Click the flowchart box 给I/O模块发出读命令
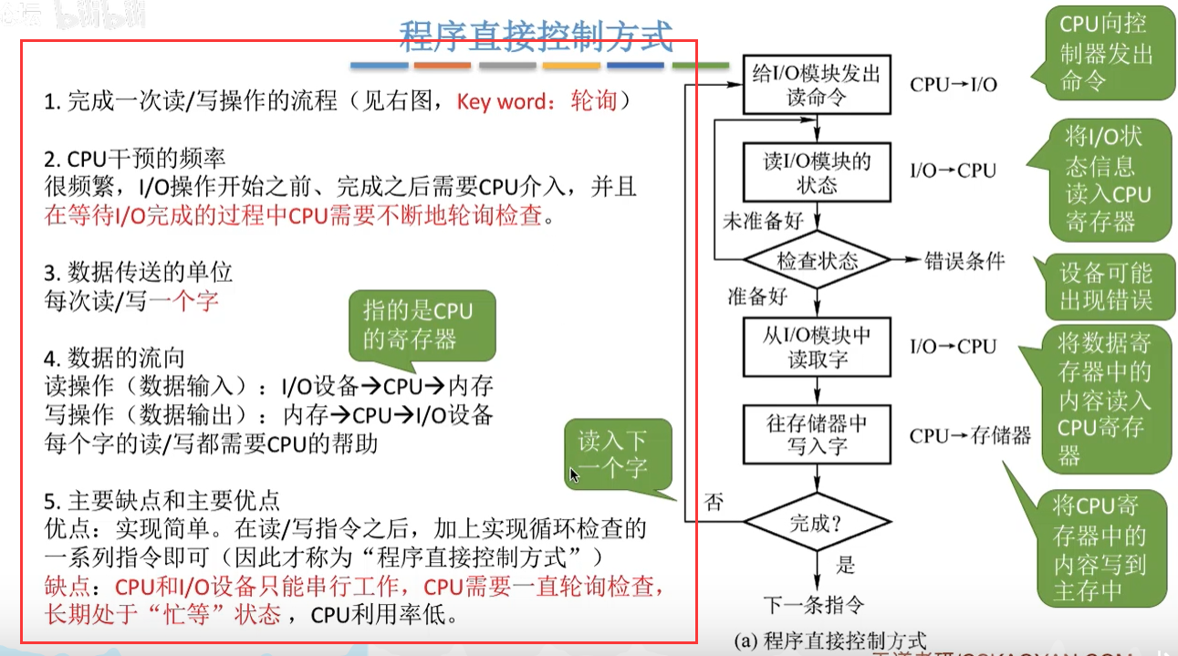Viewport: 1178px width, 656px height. [x=816, y=84]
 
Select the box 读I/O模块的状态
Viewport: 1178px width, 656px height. [x=816, y=172]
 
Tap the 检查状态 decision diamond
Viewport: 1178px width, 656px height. [x=817, y=261]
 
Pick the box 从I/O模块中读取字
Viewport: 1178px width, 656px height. [x=816, y=347]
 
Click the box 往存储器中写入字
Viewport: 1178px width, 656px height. [x=816, y=434]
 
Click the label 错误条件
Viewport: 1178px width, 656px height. [x=964, y=261]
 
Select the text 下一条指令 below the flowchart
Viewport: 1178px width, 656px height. [x=814, y=603]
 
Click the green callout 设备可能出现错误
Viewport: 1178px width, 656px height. [x=1105, y=286]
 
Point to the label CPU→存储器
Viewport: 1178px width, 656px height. [x=969, y=435]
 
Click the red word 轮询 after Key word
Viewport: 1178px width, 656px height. [x=594, y=100]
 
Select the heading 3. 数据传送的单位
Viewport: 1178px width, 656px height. [x=138, y=271]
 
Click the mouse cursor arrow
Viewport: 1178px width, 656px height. [x=574, y=475]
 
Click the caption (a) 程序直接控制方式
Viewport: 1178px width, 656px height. [x=830, y=640]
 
